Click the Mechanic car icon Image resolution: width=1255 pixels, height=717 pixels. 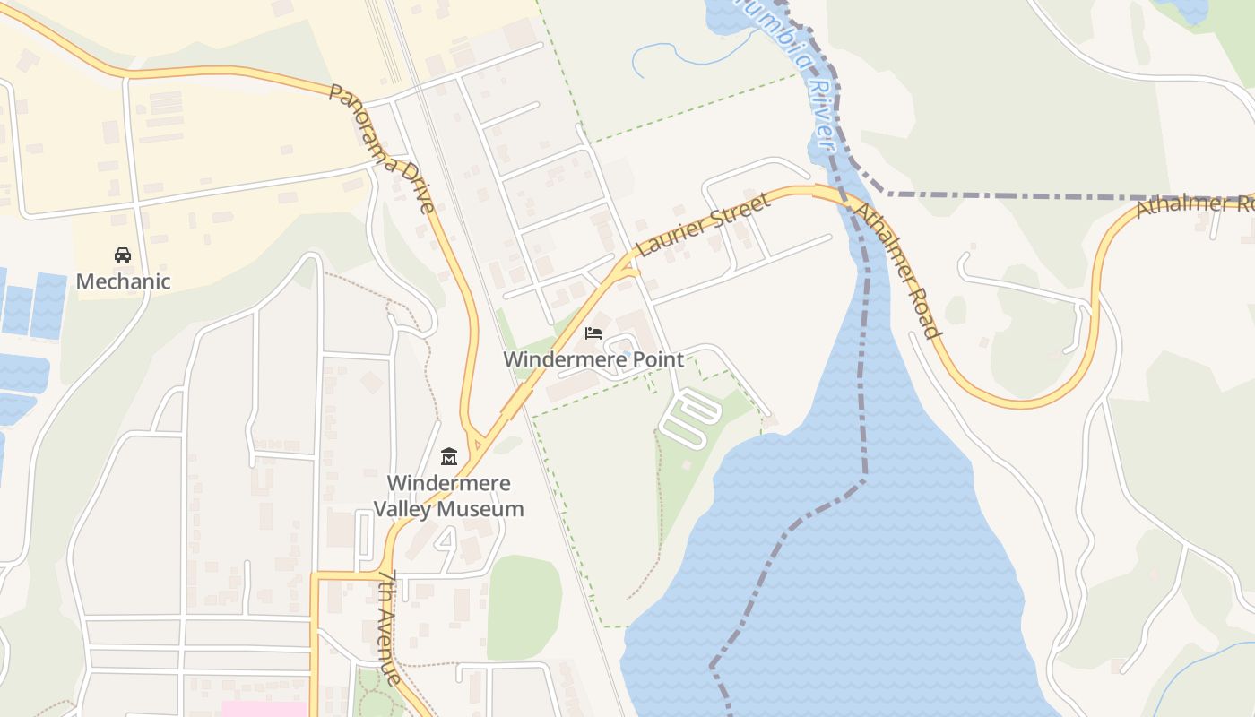tap(123, 255)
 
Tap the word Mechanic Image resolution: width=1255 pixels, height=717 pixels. tap(123, 281)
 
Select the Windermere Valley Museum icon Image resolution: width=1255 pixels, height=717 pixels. tap(449, 457)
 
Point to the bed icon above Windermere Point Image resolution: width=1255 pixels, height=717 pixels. tap(593, 333)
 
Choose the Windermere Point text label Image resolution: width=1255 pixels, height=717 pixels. tap(593, 359)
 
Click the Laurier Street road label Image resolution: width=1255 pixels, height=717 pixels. tap(703, 225)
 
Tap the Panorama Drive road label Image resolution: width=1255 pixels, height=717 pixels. tap(382, 148)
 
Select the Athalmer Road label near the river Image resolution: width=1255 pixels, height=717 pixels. tap(897, 269)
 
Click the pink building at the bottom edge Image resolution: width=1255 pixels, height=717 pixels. tap(264, 709)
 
